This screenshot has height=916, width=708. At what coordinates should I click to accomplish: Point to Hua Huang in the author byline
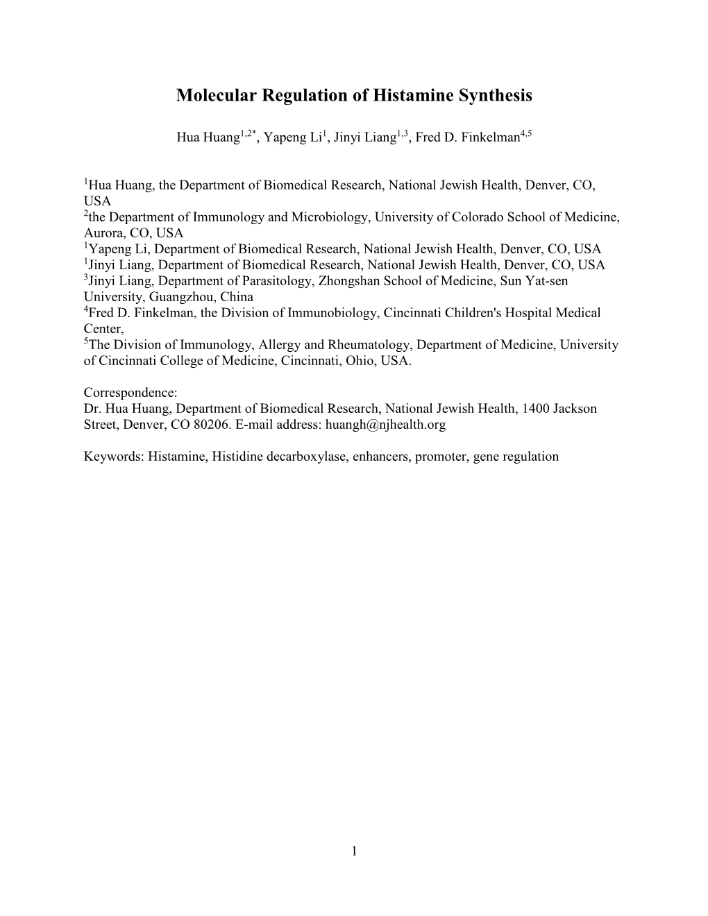(x=208, y=137)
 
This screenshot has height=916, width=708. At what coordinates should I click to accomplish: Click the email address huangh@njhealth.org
(x=385, y=425)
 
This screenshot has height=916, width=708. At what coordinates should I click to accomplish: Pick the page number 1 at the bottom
(x=354, y=851)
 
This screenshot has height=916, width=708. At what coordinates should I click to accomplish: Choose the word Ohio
(x=368, y=361)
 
